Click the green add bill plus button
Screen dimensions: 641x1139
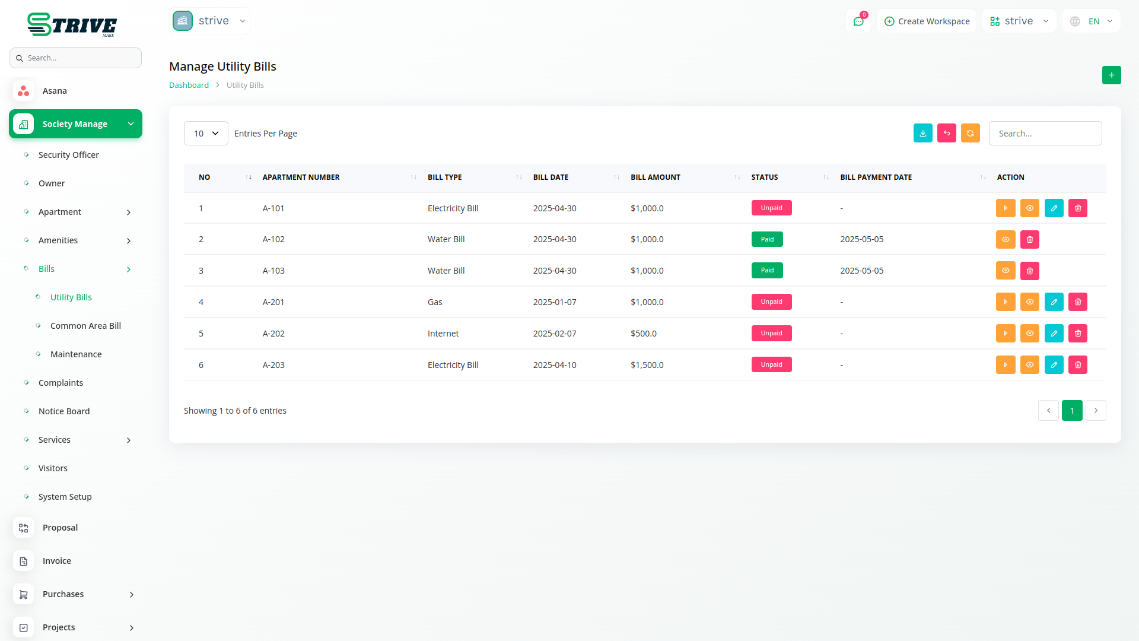(1111, 75)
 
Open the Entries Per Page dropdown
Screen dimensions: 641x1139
(206, 134)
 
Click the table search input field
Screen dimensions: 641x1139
(1045, 134)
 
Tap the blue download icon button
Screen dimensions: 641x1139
(922, 134)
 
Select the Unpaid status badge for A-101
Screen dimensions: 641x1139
(771, 208)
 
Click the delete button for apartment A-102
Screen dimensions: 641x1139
(1029, 240)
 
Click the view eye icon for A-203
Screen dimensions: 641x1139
(1029, 365)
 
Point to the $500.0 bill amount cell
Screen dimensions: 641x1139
(643, 334)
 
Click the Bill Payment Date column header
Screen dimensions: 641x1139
(876, 177)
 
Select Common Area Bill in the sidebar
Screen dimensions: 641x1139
(85, 326)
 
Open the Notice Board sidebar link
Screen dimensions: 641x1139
(64, 411)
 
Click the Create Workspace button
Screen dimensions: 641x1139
(927, 21)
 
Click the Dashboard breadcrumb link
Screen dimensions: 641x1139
(189, 85)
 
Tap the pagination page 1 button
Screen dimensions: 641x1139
(1071, 411)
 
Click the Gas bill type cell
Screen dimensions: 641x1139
(435, 302)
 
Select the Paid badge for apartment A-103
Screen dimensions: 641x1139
(766, 271)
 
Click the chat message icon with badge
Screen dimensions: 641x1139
(858, 21)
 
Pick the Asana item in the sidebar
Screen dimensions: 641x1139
(55, 91)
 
